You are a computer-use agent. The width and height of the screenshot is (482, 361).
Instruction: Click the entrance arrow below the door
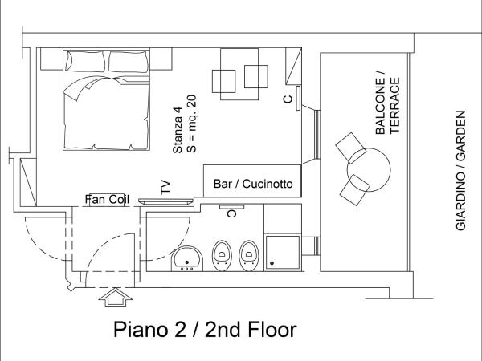tap(115, 297)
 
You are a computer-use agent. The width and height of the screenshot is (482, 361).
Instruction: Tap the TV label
tap(165, 187)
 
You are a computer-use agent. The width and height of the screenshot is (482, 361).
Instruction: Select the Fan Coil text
tap(107, 200)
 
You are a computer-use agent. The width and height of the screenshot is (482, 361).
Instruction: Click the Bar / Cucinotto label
tap(253, 184)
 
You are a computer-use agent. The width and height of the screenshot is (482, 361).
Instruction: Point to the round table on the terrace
tap(369, 170)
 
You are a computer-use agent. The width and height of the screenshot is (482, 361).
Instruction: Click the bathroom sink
tap(187, 258)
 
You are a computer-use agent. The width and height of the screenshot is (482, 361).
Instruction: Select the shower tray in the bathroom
tap(283, 253)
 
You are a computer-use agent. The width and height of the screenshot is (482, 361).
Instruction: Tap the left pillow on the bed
tap(86, 61)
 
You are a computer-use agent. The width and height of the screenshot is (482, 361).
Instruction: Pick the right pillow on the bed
tap(129, 62)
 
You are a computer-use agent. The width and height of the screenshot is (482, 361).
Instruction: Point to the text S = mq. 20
tap(191, 124)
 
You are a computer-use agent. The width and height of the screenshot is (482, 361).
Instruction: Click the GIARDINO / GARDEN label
tap(461, 170)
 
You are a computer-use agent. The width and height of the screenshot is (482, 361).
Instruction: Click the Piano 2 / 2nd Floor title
tap(205, 330)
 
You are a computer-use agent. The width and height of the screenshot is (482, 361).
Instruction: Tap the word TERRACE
tap(394, 105)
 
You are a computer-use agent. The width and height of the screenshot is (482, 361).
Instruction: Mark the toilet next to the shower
tap(248, 255)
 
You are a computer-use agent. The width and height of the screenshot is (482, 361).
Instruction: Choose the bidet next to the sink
tap(222, 255)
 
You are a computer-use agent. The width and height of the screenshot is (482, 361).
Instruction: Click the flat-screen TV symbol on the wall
tap(165, 201)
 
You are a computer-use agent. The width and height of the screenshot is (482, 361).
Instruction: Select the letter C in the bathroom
tap(231, 213)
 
